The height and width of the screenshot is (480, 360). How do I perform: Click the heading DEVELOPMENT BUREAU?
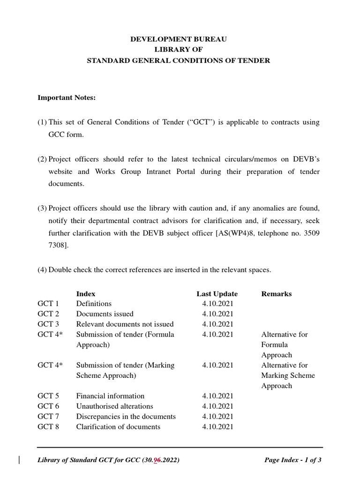tap(178, 39)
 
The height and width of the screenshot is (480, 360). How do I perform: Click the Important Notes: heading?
tap(67, 97)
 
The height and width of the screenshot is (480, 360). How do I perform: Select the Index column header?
tap(86, 294)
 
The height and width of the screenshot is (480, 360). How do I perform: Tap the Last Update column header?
tap(217, 294)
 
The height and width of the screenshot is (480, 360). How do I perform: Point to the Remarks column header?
tap(276, 294)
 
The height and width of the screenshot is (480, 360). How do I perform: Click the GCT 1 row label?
tap(48, 304)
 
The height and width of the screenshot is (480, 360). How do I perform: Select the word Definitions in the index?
tap(94, 304)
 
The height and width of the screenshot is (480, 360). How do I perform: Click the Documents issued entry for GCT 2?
tap(105, 314)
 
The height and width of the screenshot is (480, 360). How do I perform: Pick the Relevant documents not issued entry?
tap(125, 324)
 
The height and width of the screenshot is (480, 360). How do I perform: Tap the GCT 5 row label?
tap(48, 396)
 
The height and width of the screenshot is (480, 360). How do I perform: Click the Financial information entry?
tap(110, 396)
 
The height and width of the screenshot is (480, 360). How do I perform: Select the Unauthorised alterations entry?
tap(114, 406)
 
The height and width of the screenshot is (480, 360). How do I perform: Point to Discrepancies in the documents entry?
tap(126, 417)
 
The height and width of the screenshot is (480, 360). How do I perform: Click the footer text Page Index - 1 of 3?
tap(293, 460)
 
